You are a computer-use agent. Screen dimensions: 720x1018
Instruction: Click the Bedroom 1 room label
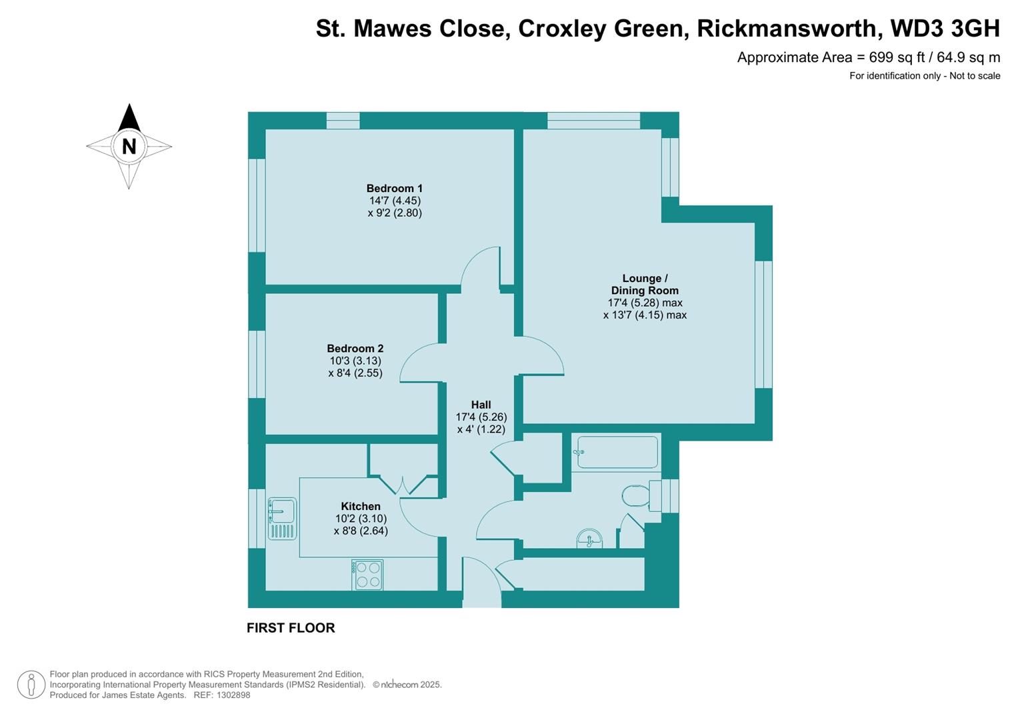tap(395, 189)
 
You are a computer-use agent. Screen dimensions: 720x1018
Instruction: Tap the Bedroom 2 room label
tap(355, 349)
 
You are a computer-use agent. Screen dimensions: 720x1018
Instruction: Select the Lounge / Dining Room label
tap(645, 285)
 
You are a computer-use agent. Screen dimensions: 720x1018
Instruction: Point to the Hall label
tap(481, 405)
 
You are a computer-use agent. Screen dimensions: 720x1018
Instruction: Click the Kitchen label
tap(361, 507)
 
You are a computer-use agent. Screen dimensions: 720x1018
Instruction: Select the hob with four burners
tap(368, 575)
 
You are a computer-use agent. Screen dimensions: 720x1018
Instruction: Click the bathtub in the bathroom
tap(617, 453)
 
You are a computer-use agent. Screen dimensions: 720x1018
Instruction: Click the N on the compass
tap(129, 146)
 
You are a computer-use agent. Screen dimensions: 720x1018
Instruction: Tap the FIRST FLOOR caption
tap(291, 628)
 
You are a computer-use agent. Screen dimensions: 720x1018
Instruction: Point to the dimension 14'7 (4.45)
tap(395, 201)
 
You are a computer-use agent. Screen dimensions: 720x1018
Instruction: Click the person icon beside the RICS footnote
tap(31, 685)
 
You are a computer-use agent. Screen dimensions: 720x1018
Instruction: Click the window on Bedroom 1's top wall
tap(343, 121)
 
